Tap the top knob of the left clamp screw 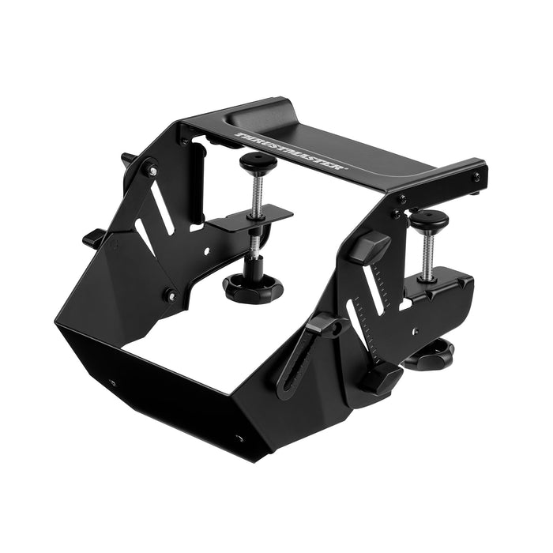coord(260,164)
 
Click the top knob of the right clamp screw coord(429,218)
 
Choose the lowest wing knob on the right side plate coord(380,378)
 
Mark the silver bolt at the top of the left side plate coord(152,171)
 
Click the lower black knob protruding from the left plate coord(94,236)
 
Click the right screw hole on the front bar coord(240,437)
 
